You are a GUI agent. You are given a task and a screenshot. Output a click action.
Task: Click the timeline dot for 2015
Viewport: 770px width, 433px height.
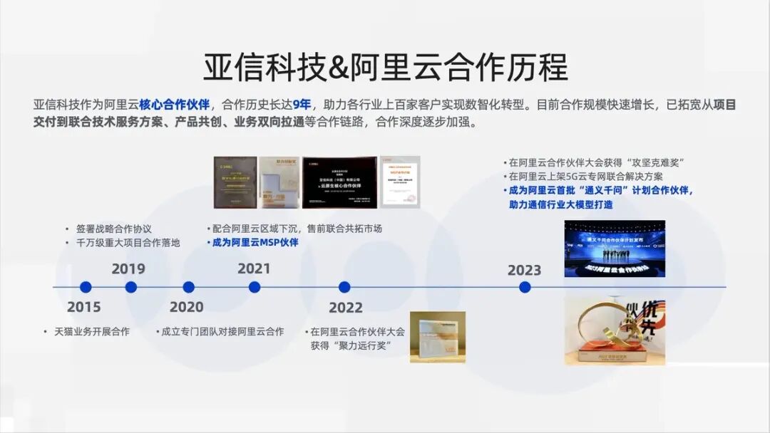click(86, 287)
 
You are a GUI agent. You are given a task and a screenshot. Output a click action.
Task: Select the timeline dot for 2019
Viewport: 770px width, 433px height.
click(130, 287)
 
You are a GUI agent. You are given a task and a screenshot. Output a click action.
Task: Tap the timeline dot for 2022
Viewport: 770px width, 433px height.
click(344, 287)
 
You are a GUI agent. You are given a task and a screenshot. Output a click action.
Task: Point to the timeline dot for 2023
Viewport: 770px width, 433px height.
click(525, 287)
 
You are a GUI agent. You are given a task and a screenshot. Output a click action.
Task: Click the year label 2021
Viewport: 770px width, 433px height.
click(254, 268)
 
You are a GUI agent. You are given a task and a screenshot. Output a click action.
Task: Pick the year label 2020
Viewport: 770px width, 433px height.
click(186, 308)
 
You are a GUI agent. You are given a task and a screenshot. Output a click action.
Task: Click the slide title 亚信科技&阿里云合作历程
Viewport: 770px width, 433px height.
click(385, 68)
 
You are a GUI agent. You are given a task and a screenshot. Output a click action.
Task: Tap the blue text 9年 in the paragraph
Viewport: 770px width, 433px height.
click(302, 105)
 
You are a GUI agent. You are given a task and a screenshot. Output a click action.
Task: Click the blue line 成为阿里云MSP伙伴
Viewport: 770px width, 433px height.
click(255, 243)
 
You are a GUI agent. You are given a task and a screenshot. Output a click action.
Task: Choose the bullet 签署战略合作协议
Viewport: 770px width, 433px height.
click(113, 229)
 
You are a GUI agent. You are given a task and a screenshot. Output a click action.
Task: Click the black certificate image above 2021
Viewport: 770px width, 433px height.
click(339, 182)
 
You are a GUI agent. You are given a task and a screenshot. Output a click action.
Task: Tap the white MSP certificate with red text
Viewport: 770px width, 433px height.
click(400, 182)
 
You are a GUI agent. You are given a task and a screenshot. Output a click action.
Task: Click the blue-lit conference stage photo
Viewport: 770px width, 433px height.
click(615, 249)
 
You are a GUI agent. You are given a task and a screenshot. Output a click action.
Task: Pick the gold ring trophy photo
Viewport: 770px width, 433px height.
click(615, 331)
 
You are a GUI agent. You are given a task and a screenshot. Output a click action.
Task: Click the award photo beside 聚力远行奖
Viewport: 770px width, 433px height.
click(437, 337)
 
